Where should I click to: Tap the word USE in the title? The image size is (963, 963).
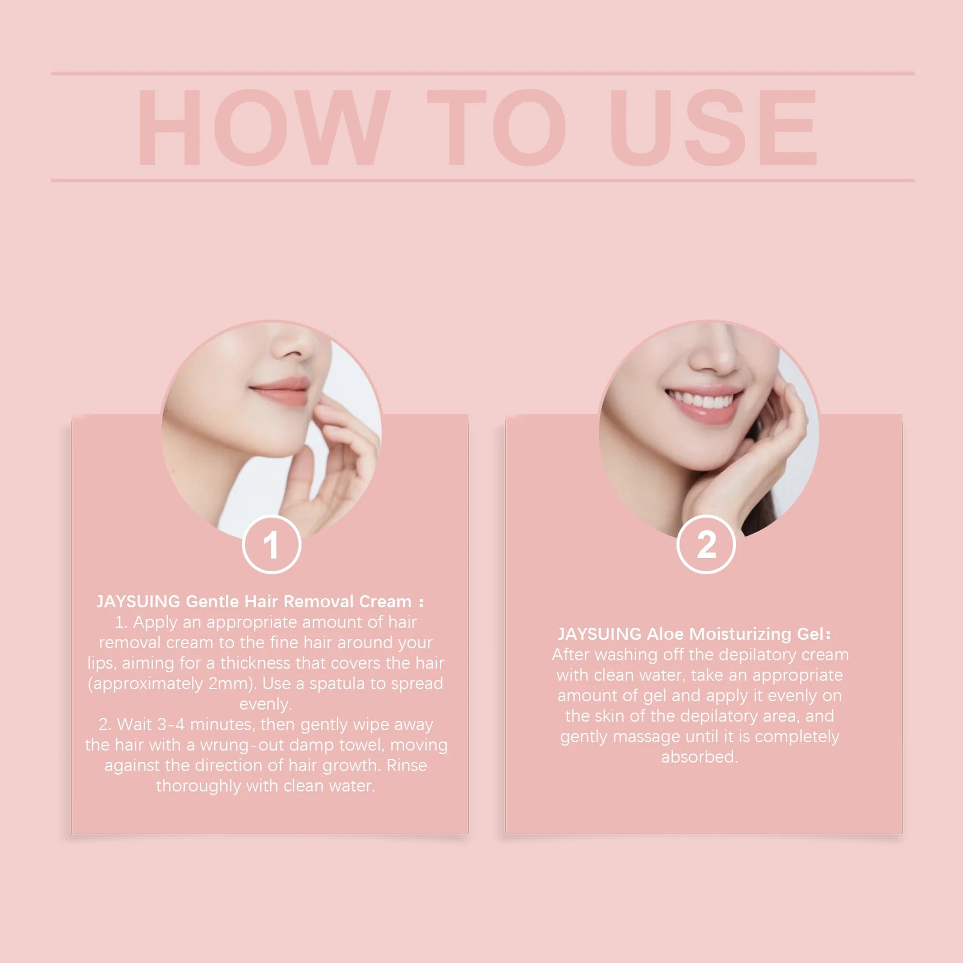coord(713,128)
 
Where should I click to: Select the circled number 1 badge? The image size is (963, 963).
coord(271,545)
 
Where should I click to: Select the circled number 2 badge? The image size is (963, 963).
coord(706,545)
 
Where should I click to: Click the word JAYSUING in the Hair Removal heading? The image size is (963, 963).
coord(138,601)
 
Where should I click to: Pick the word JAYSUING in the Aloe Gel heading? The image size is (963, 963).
coord(599,634)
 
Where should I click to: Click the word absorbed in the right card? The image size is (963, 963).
coord(699,757)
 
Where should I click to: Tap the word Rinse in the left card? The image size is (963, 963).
coord(407,766)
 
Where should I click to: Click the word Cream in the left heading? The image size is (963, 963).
coord(385,601)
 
